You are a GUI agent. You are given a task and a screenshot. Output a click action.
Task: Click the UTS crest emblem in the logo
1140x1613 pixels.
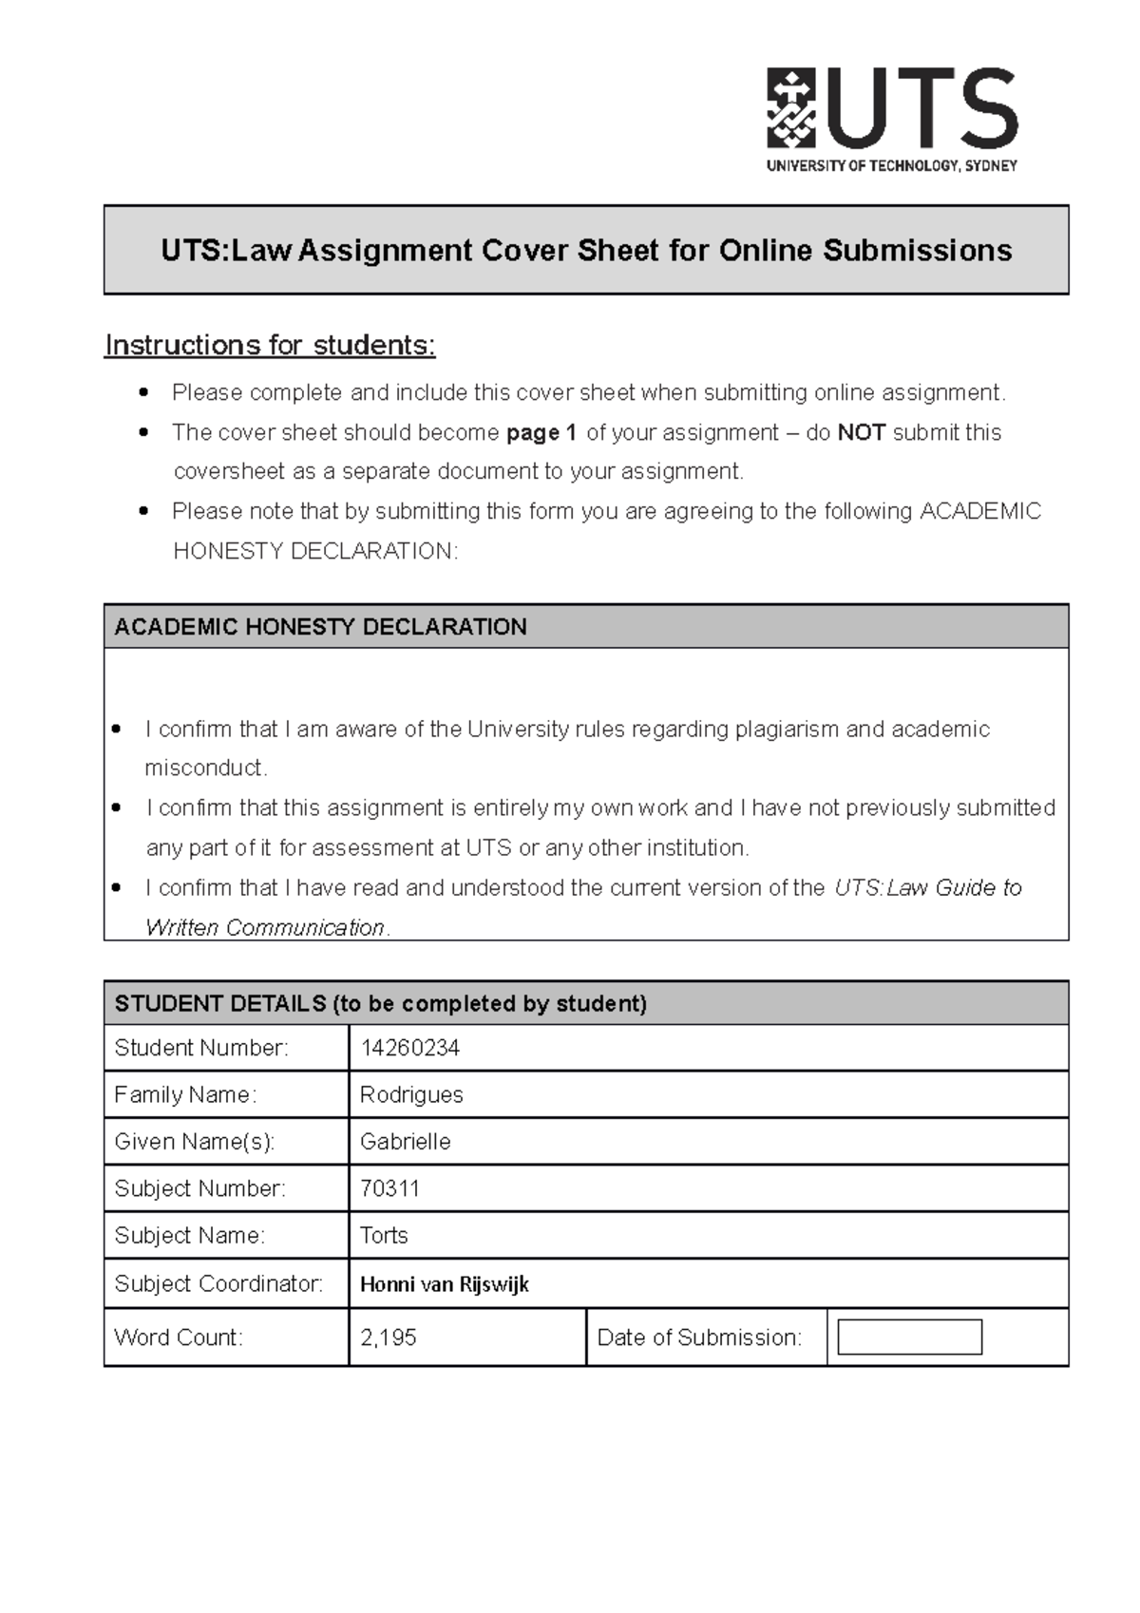click(790, 107)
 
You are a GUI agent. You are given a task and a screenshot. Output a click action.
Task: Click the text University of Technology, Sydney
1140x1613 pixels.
click(891, 165)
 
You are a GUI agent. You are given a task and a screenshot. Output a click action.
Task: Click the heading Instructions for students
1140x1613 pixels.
click(270, 345)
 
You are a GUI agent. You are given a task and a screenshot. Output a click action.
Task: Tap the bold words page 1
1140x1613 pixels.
click(541, 433)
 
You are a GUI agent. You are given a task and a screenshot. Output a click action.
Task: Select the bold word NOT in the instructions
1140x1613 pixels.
click(861, 433)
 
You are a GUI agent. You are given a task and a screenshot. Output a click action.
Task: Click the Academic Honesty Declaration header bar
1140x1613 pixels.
click(586, 627)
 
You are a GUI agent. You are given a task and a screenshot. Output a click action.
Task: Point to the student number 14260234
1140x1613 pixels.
click(409, 1048)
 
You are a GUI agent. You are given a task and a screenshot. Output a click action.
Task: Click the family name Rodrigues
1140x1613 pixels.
click(411, 1095)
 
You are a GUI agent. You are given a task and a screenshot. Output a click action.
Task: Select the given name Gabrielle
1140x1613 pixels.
click(405, 1142)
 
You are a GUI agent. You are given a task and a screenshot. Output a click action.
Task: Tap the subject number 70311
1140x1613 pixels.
click(389, 1188)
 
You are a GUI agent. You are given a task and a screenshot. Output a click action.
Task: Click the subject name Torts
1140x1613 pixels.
click(384, 1236)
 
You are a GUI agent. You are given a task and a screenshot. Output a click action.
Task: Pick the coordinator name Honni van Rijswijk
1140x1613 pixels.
click(444, 1284)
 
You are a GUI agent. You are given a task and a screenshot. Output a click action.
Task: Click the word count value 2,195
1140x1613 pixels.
click(388, 1338)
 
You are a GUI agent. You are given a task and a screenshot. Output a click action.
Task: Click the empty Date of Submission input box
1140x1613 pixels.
click(909, 1338)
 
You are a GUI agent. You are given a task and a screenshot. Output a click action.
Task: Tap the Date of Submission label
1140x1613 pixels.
click(699, 1338)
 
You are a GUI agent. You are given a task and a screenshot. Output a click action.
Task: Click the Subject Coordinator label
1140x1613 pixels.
click(218, 1284)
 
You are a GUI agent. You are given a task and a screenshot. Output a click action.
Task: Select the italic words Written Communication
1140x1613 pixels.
click(265, 927)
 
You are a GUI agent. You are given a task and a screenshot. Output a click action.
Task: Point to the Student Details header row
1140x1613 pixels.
click(586, 1003)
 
